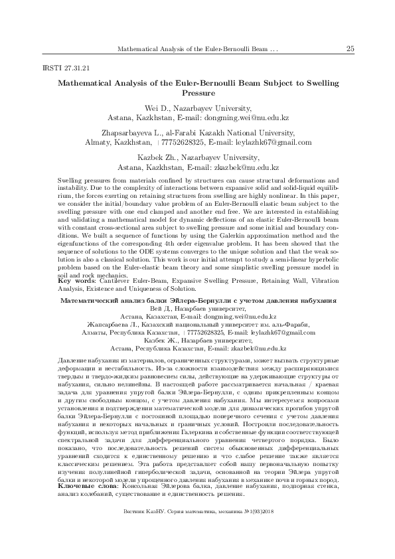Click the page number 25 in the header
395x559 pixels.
point(351,49)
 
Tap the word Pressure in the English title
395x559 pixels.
point(197,94)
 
